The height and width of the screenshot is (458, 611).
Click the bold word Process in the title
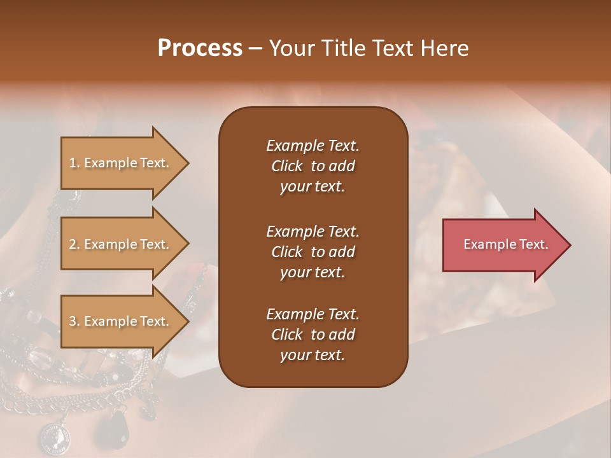pyautogui.click(x=200, y=48)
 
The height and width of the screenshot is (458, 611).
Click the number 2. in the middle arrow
pyautogui.click(x=74, y=244)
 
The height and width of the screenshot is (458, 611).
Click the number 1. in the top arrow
pyautogui.click(x=74, y=163)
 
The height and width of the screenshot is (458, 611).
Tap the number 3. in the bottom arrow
pyautogui.click(x=74, y=321)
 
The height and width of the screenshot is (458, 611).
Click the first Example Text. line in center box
pyautogui.click(x=313, y=146)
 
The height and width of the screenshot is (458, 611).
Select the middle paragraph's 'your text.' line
pyautogui.click(x=313, y=272)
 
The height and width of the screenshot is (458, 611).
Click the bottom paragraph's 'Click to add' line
pyautogui.click(x=313, y=335)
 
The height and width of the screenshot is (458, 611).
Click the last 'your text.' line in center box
pyautogui.click(x=313, y=356)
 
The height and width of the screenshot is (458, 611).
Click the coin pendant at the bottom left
pyautogui.click(x=53, y=438)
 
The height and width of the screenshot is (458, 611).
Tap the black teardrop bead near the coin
pyautogui.click(x=119, y=423)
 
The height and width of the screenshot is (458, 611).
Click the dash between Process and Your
pyautogui.click(x=256, y=49)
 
